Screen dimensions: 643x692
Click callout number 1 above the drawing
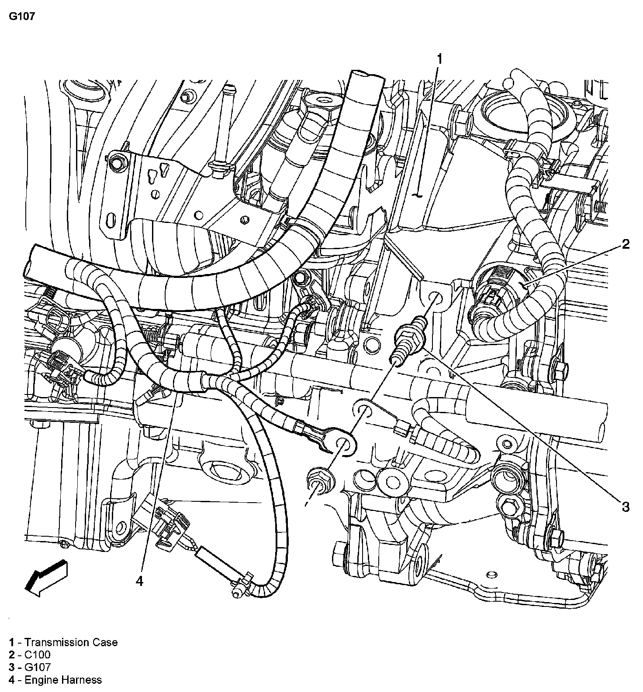[440, 59]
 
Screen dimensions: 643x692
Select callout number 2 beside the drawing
[626, 244]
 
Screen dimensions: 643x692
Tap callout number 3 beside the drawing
[626, 507]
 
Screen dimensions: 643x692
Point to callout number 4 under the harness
[139, 581]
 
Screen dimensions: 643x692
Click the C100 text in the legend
[37, 654]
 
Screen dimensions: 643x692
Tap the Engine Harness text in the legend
[63, 679]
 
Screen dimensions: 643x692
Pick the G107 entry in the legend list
[37, 667]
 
